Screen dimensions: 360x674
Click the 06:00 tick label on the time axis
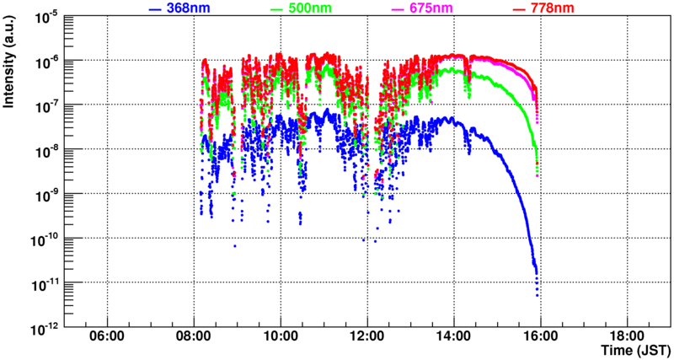(107, 336)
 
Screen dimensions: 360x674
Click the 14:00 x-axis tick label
(453, 336)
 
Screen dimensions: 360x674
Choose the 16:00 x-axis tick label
(540, 336)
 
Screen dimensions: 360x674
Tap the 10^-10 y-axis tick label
(43, 238)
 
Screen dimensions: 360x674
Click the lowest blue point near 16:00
(537, 295)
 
